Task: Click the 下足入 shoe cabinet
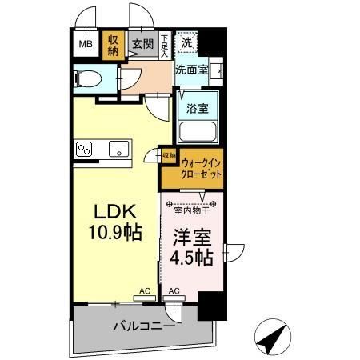point(165,43)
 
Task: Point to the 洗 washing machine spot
point(186,42)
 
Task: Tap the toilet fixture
point(90,78)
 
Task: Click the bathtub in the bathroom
point(198,131)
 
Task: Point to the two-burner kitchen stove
point(86,149)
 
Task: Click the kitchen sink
point(119,149)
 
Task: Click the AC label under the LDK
point(145,290)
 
